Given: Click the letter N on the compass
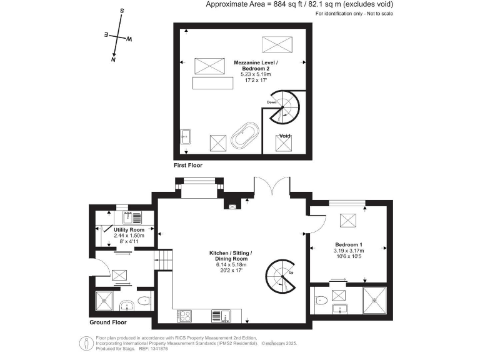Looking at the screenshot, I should click(113, 61).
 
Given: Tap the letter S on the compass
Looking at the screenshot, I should click(122, 11).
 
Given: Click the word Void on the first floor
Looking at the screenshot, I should click(285, 136).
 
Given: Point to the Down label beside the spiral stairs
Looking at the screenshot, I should click(272, 102).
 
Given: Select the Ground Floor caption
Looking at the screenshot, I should click(107, 323).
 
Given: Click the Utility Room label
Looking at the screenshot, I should click(129, 230).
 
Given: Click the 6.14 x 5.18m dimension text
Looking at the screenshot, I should click(228, 264).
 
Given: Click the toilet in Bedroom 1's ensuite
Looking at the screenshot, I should click(321, 300).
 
